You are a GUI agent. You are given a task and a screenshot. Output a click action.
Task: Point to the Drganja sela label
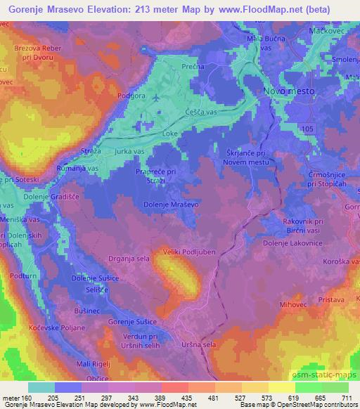[x=127, y=259]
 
